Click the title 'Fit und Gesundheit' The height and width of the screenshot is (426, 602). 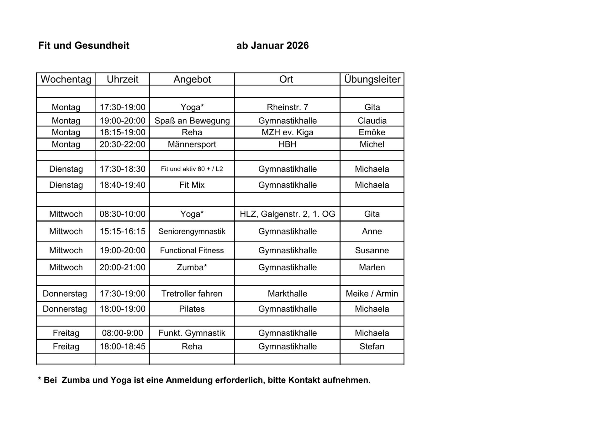point(84,46)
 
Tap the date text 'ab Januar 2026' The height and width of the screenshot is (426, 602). point(272,46)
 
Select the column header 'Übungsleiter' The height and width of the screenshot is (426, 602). point(372,79)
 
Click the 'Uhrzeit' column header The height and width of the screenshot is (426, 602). point(122,79)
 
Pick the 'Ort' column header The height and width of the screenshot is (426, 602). point(286,79)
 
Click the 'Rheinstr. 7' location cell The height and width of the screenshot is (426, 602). point(288,107)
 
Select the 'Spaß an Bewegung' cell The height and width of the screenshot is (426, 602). point(192,121)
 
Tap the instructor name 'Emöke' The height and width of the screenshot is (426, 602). point(372,132)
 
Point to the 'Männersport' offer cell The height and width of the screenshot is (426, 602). point(192,144)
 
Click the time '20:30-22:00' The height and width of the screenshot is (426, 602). point(122,144)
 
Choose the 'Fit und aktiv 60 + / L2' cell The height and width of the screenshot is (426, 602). point(192,169)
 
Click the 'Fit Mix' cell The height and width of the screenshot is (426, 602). point(192,185)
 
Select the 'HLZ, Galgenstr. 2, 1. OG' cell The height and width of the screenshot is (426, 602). point(288,214)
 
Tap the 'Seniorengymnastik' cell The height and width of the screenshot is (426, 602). point(192,232)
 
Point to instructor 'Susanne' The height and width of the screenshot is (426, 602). point(372,251)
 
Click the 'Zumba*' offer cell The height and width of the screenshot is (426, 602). point(192,267)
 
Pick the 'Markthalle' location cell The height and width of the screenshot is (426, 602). point(288,294)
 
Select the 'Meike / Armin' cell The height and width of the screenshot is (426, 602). point(372,294)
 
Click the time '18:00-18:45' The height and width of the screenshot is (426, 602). point(122,347)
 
